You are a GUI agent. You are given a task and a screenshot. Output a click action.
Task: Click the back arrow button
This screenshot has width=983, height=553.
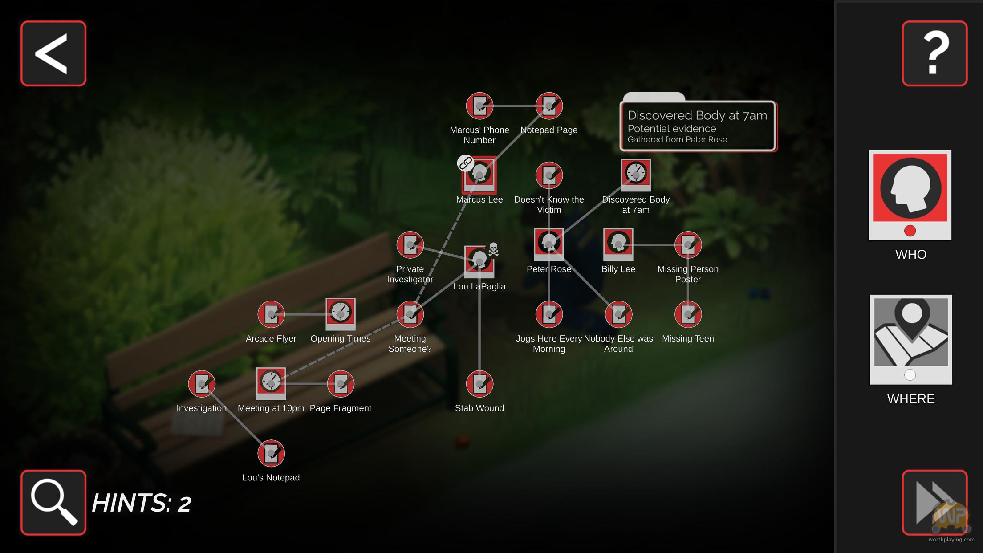point(53,53)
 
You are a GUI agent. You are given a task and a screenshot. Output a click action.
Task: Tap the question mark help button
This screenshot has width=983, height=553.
point(934,53)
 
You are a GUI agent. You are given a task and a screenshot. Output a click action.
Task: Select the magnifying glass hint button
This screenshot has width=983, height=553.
point(53,502)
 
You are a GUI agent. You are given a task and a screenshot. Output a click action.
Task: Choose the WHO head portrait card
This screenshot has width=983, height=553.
point(910,195)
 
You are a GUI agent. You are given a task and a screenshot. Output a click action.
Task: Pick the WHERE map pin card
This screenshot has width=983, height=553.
point(911,339)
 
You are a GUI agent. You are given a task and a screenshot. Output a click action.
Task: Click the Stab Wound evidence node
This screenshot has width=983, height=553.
point(479,383)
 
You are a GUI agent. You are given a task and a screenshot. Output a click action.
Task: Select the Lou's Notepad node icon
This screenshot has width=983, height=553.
point(271,453)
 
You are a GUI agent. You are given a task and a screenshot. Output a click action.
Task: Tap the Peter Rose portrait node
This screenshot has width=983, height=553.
point(549,244)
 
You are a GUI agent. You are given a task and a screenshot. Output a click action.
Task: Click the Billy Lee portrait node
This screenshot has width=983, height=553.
point(618,244)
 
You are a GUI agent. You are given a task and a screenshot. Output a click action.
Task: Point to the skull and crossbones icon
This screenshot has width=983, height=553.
point(493,250)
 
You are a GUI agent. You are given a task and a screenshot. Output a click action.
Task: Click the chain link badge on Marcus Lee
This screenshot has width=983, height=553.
point(465,163)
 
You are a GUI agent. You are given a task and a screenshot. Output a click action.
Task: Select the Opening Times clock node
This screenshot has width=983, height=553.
point(341,314)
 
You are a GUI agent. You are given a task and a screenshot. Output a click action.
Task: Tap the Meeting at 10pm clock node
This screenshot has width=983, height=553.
point(271,383)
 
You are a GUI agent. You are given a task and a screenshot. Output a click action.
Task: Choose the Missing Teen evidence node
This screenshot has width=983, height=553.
point(688,314)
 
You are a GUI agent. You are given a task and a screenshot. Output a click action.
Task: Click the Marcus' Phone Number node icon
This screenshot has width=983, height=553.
point(479,106)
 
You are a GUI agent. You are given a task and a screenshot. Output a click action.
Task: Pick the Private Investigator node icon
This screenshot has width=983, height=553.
point(410,244)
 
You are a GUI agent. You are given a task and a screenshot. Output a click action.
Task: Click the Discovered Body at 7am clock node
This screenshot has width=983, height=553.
point(636,175)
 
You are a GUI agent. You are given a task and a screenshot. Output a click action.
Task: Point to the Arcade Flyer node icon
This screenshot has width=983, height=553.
point(271,314)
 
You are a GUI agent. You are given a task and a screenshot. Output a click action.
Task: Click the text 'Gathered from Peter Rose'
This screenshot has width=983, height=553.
point(677,139)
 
